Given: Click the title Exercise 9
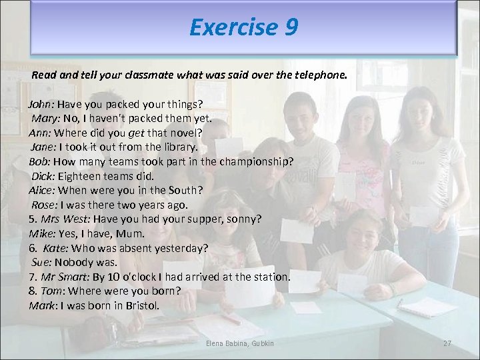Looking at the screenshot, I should [243, 27].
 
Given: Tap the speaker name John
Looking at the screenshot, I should [41, 105].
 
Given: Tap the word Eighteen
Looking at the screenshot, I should [79, 176].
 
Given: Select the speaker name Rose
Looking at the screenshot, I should [45, 205].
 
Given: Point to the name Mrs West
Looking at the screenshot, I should [65, 219].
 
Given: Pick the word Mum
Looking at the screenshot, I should [131, 233].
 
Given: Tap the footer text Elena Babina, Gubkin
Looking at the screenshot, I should [240, 343].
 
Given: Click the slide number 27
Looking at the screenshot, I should [447, 343].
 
